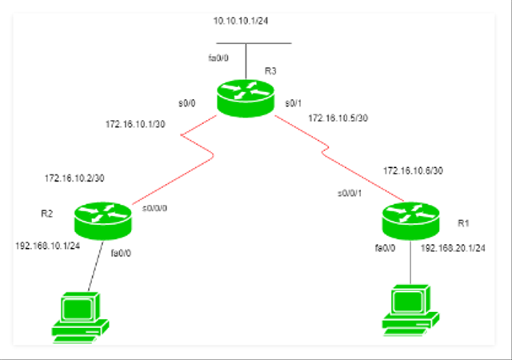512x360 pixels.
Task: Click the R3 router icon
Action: pyautogui.click(x=245, y=98)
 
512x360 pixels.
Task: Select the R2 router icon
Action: pyautogui.click(x=102, y=218)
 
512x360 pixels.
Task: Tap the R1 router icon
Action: pyautogui.click(x=408, y=218)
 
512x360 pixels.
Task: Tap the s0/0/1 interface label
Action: pyautogui.click(x=350, y=193)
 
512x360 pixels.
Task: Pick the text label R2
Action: pyautogui.click(x=46, y=214)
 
